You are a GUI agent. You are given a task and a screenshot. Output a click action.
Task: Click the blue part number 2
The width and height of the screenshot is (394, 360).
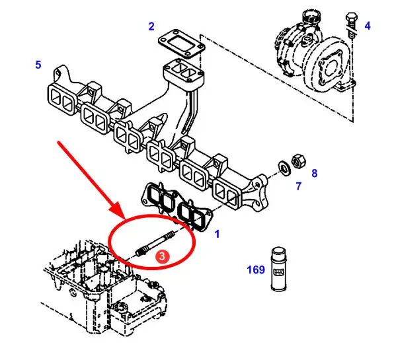pyautogui.click(x=151, y=26)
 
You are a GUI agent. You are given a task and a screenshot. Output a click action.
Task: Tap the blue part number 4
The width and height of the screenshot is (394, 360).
pyautogui.click(x=368, y=26)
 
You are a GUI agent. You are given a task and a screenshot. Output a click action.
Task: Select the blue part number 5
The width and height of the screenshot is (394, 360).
pyautogui.click(x=38, y=65)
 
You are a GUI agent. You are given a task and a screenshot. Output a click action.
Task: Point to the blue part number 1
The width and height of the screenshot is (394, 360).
pyautogui.click(x=217, y=234)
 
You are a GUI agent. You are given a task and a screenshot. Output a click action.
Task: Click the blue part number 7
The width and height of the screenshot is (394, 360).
pyautogui.click(x=298, y=186)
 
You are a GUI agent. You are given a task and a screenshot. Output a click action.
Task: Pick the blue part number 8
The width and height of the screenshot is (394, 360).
pyautogui.click(x=315, y=173)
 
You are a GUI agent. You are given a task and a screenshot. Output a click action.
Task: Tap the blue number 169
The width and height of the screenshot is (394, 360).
pyautogui.click(x=256, y=270)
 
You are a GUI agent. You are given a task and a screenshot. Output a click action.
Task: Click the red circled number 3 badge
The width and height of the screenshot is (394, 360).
pyautogui.click(x=162, y=256)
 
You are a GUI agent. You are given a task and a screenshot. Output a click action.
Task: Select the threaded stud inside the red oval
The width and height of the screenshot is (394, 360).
pyautogui.click(x=155, y=244)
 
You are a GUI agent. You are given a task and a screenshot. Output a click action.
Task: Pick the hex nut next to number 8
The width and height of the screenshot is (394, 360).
pyautogui.click(x=298, y=161)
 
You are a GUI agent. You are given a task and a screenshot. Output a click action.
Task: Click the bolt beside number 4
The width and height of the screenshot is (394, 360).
pyautogui.click(x=351, y=25)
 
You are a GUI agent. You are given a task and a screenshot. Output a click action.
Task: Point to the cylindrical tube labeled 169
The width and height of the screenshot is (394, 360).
pyautogui.click(x=279, y=269)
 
